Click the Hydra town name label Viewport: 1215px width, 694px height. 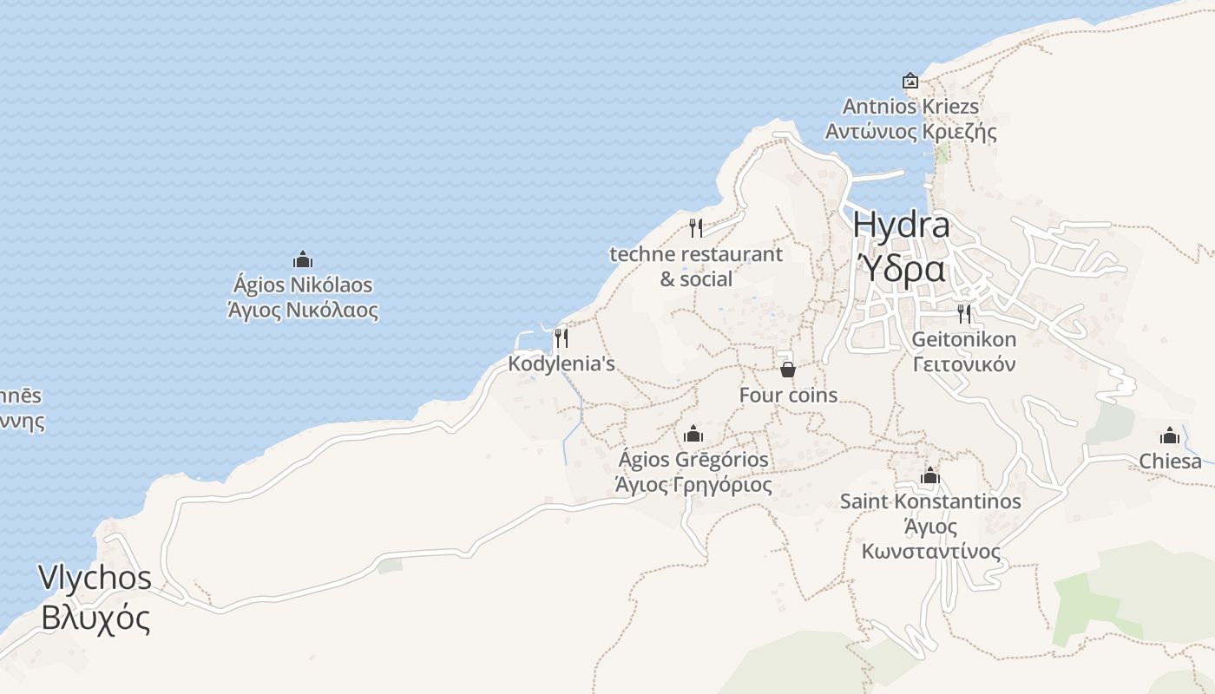pyautogui.click(x=901, y=226)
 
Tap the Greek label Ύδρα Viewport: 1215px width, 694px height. pyautogui.click(x=901, y=270)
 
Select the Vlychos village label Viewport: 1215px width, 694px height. pyautogui.click(x=95, y=579)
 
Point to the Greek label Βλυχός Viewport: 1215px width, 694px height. pyautogui.click(x=95, y=619)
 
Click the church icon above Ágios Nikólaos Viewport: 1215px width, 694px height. pyautogui.click(x=302, y=259)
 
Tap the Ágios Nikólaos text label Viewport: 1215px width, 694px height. pyautogui.click(x=302, y=285)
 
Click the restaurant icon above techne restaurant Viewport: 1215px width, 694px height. pyautogui.click(x=695, y=228)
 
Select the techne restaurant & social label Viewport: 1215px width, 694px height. pyautogui.click(x=696, y=266)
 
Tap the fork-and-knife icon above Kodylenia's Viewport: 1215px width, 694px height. pyautogui.click(x=562, y=337)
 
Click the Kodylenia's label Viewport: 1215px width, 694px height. pyautogui.click(x=562, y=364)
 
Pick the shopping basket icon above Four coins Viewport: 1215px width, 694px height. pyautogui.click(x=788, y=370)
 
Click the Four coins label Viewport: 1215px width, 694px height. pyautogui.click(x=788, y=396)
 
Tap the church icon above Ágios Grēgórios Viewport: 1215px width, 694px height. pyautogui.click(x=693, y=434)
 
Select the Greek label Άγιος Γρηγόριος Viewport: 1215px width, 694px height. pyautogui.click(x=693, y=485)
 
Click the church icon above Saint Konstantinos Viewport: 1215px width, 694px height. pyautogui.click(x=930, y=475)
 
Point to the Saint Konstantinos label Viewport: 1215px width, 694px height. pyautogui.click(x=930, y=501)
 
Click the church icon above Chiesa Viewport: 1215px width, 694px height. pyautogui.click(x=1170, y=435)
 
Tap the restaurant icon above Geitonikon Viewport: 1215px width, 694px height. pyautogui.click(x=964, y=313)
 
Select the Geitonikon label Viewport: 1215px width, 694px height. pyautogui.click(x=963, y=339)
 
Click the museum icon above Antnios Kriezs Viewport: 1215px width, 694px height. pyautogui.click(x=910, y=81)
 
